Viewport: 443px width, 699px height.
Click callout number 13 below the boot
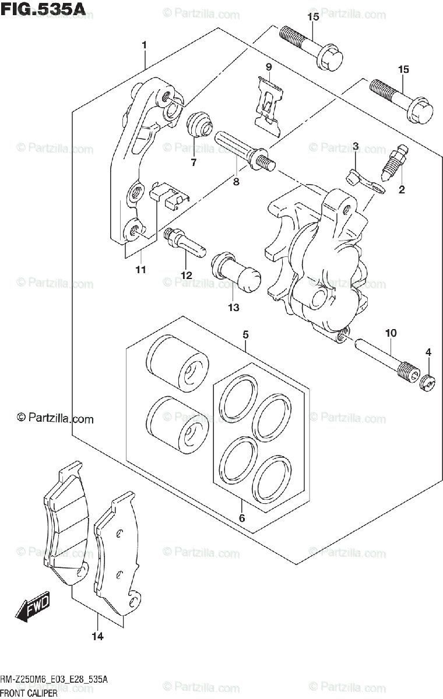(x=233, y=308)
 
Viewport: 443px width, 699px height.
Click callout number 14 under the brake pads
(x=97, y=637)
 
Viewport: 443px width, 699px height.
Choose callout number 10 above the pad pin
(x=391, y=333)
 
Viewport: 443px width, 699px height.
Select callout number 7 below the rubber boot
(x=194, y=162)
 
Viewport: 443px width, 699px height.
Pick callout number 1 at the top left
(x=143, y=45)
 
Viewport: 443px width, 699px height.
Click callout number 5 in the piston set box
(x=245, y=334)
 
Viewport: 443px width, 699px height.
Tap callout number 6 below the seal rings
(x=242, y=518)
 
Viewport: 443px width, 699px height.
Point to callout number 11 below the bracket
(x=140, y=269)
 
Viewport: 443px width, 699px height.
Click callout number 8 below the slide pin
(x=236, y=181)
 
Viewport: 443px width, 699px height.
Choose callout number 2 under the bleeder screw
(x=402, y=189)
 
